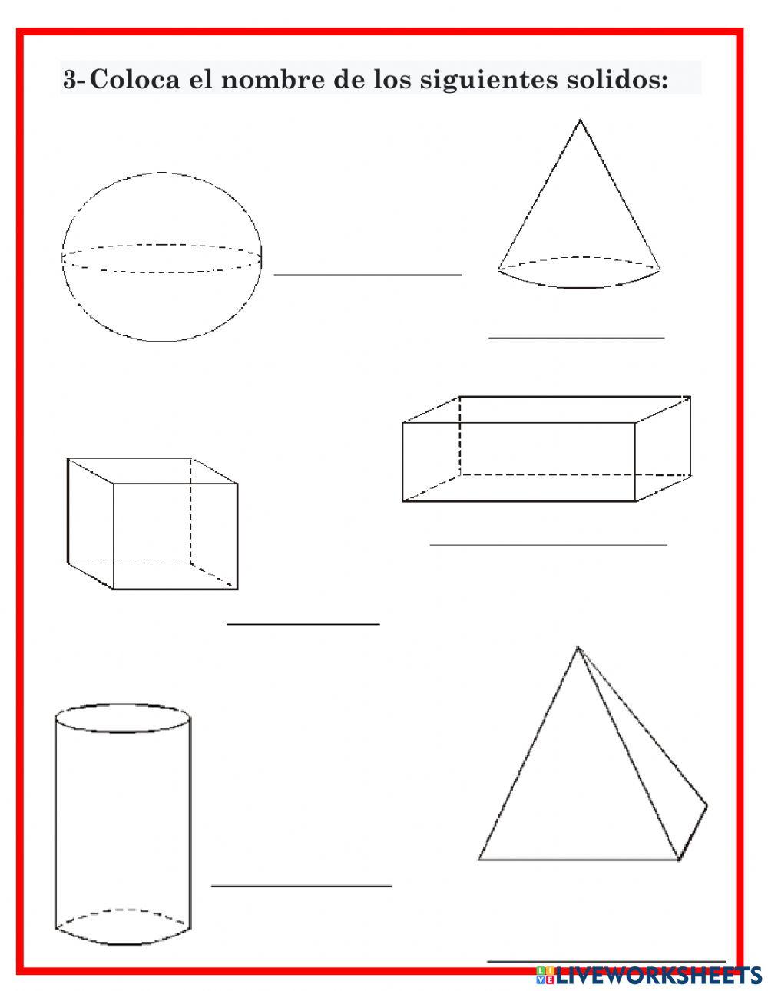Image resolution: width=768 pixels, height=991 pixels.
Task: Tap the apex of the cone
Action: click(x=580, y=121)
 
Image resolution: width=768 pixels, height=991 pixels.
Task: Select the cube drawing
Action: click(x=152, y=524)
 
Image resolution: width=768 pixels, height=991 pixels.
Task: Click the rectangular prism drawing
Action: click(x=546, y=449)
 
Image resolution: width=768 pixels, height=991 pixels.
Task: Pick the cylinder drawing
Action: click(x=123, y=821)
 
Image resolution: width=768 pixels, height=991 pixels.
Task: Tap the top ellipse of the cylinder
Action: click(x=123, y=718)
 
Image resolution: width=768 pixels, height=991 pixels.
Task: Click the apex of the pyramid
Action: click(x=578, y=649)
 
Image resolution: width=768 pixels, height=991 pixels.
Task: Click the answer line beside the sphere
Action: click(x=368, y=274)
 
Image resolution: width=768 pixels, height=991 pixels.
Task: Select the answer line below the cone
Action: click(x=576, y=337)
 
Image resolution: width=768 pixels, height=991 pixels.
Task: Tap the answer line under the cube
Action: click(x=303, y=624)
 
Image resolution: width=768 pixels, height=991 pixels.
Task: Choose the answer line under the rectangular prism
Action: click(x=548, y=545)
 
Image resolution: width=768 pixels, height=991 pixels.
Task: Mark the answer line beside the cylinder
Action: click(x=301, y=886)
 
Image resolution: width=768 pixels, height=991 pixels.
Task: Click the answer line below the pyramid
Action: click(x=607, y=960)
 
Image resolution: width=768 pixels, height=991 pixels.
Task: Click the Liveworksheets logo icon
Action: click(x=545, y=975)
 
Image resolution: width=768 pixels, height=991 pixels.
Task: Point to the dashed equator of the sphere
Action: click(x=161, y=246)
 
